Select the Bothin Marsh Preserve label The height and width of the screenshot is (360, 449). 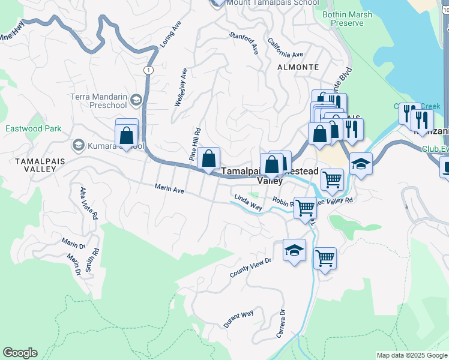pyautogui.click(x=347, y=19)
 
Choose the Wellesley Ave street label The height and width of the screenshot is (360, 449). pyautogui.click(x=181, y=88)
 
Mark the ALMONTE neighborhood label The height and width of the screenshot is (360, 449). pyautogui.click(x=298, y=67)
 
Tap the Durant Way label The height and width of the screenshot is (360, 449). pyautogui.click(x=239, y=319)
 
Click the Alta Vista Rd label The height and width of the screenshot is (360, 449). pyautogui.click(x=88, y=203)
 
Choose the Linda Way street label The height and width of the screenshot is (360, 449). pyautogui.click(x=248, y=202)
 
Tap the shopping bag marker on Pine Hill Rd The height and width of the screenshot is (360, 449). pyautogui.click(x=208, y=160)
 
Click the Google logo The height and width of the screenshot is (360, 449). pyautogui.click(x=20, y=353)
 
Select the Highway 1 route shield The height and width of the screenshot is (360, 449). pyautogui.click(x=147, y=70)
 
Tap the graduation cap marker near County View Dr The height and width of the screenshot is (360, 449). pyautogui.click(x=294, y=251)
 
